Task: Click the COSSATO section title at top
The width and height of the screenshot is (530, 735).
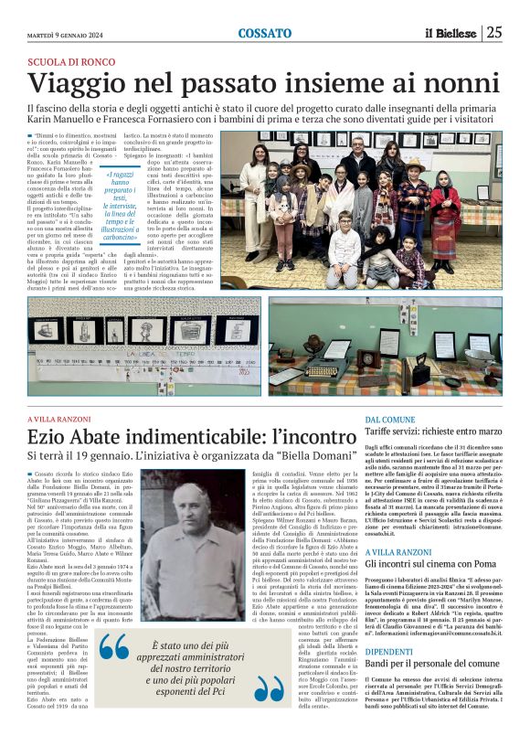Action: point(264,33)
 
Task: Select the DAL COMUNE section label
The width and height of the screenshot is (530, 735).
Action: point(389,419)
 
